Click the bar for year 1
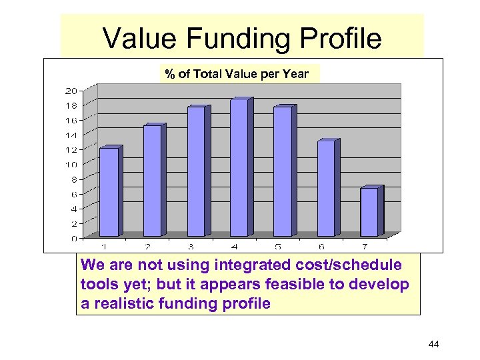coord(109,192)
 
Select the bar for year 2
coord(153,181)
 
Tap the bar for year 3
coord(196,171)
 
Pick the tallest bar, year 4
coord(239,168)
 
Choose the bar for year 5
coord(283,171)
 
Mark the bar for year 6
coord(326,189)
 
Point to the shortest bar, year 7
coord(369,212)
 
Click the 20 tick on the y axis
coord(71,91)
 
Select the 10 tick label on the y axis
coord(71,165)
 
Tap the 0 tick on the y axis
coord(73,238)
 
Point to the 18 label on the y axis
coord(71,105)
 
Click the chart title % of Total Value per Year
coord(237,74)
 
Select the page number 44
coord(433,344)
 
